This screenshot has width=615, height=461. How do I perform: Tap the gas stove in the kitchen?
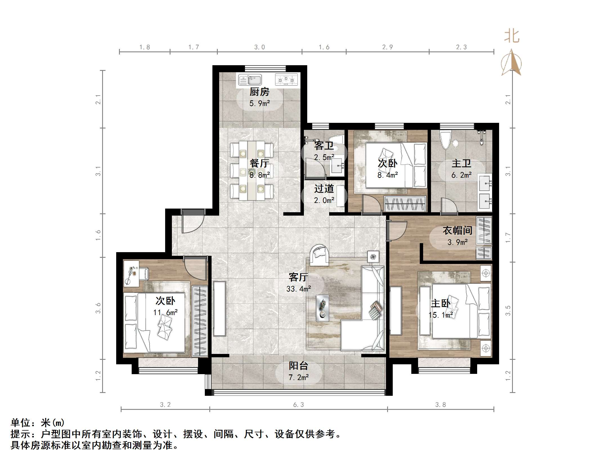(286, 80)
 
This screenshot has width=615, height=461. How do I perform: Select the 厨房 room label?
(259, 92)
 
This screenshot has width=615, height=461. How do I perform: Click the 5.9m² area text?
(259, 103)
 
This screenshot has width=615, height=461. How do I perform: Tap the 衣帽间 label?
(457, 231)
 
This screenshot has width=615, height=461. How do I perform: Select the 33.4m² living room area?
(298, 289)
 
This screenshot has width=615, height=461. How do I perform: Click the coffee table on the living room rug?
(322, 308)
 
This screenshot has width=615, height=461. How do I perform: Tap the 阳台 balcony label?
(298, 366)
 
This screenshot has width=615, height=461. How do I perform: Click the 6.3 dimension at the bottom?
(298, 405)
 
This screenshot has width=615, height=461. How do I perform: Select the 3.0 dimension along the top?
(259, 47)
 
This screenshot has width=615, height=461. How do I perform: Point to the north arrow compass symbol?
(511, 63)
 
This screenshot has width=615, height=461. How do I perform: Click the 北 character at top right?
(511, 37)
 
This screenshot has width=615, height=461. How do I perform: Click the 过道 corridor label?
(324, 189)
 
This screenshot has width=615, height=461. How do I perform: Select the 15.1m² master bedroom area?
(441, 315)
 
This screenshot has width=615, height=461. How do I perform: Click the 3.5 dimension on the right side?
(508, 311)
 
